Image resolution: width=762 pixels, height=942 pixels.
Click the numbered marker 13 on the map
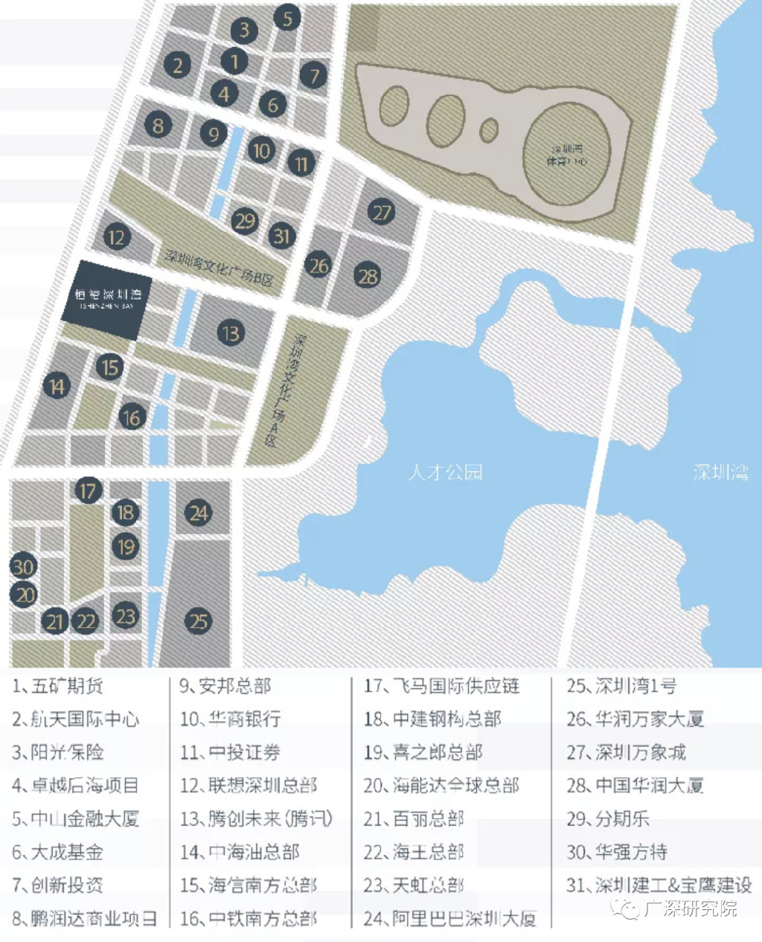[231, 333]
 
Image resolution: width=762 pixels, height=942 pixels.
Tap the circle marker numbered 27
[382, 213]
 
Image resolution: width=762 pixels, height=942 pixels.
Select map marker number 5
[287, 17]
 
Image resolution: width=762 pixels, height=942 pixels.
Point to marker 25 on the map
[198, 621]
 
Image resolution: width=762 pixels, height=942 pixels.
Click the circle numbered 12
[117, 238]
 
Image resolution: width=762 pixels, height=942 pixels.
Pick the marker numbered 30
[23, 567]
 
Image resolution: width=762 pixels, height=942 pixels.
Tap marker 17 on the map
[88, 490]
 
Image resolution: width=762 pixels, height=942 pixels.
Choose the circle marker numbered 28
[368, 276]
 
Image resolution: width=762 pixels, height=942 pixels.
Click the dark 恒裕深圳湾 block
[107, 299]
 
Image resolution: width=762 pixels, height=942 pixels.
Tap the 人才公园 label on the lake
[445, 472]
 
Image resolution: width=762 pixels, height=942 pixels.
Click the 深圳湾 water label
[720, 472]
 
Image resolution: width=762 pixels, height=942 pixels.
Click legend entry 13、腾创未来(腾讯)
[256, 818]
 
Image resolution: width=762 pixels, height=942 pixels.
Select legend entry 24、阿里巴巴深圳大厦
[449, 918]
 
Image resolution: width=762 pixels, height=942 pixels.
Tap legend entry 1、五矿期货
[58, 686]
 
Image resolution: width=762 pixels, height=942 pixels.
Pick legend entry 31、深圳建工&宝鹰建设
[659, 885]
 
